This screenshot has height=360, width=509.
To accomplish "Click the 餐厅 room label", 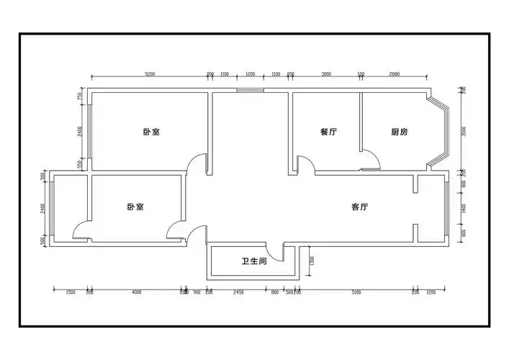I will coord(329,132).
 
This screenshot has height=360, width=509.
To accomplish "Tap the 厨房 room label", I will coord(400,132).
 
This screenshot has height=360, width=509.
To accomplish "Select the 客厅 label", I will coord(360,207).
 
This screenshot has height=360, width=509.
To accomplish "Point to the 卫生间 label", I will coord(253,261).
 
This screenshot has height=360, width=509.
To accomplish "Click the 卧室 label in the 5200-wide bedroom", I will coord(151,132).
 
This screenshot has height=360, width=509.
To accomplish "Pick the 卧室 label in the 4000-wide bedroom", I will coord(135,207).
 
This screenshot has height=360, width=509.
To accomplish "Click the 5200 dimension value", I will coord(150,74).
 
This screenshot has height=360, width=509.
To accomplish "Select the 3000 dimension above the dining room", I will coord(326,74).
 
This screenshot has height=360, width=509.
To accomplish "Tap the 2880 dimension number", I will coord(394,74).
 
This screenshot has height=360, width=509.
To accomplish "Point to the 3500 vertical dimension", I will coord(464,131).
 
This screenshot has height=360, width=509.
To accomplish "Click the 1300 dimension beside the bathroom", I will coord(311,261).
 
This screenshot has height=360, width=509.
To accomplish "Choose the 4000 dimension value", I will coord(136,292).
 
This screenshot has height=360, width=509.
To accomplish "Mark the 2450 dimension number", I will coord(239,292).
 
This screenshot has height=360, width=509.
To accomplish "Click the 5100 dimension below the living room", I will coord(356,292).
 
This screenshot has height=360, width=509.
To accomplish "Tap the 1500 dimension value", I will coord(71,292).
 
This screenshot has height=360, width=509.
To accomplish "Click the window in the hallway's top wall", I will coord(251,91).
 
